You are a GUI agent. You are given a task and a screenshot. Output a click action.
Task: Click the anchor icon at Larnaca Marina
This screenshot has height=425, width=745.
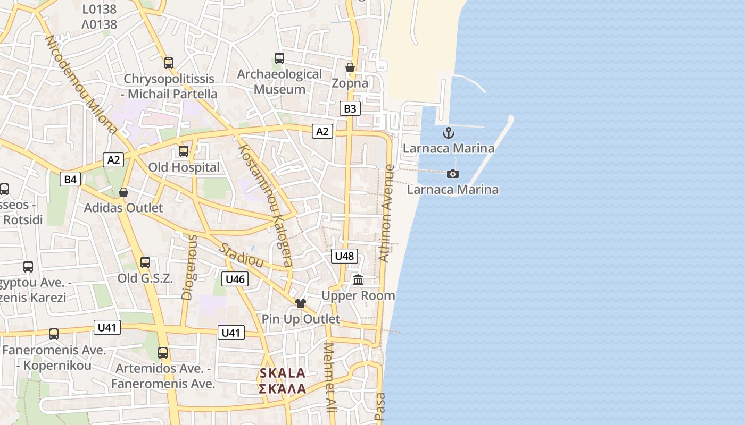[x=449, y=133]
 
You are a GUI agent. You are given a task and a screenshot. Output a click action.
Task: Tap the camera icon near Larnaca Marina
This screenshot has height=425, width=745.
[x=453, y=174]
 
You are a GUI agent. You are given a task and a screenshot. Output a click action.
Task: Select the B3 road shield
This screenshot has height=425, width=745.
[x=350, y=109]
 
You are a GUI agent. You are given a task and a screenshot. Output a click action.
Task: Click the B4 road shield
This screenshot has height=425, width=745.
[x=70, y=179]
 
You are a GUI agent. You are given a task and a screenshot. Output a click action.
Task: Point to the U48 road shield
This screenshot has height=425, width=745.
[x=344, y=256]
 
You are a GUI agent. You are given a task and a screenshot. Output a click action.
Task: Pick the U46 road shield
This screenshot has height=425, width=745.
[x=235, y=279]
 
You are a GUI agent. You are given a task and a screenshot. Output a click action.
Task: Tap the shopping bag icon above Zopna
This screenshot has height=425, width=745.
[x=350, y=67]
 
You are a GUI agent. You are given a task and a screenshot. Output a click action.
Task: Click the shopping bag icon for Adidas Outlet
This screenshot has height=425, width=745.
[x=123, y=192]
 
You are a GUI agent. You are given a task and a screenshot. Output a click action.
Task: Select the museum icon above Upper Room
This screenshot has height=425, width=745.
[x=358, y=279]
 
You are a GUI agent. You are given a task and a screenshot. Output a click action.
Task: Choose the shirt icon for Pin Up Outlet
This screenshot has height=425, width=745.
[x=301, y=303]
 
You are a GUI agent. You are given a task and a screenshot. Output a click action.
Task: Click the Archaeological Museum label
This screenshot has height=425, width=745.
[x=279, y=81]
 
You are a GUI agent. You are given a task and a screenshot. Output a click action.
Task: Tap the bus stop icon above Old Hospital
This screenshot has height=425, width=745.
[x=184, y=151]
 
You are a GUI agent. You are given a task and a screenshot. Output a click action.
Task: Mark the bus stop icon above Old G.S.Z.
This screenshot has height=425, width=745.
[x=145, y=262]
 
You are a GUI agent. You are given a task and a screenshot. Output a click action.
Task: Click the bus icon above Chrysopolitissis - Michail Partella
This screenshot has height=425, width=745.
[x=169, y=63]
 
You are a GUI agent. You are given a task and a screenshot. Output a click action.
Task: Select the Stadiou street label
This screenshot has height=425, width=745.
[x=242, y=255]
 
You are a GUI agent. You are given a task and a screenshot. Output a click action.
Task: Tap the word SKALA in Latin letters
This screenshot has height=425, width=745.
[x=283, y=373]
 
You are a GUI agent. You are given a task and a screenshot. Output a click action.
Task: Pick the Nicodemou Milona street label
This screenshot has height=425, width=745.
[x=81, y=85]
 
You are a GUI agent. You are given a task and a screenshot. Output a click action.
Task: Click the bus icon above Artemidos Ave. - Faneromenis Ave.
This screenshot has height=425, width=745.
[x=163, y=353]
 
